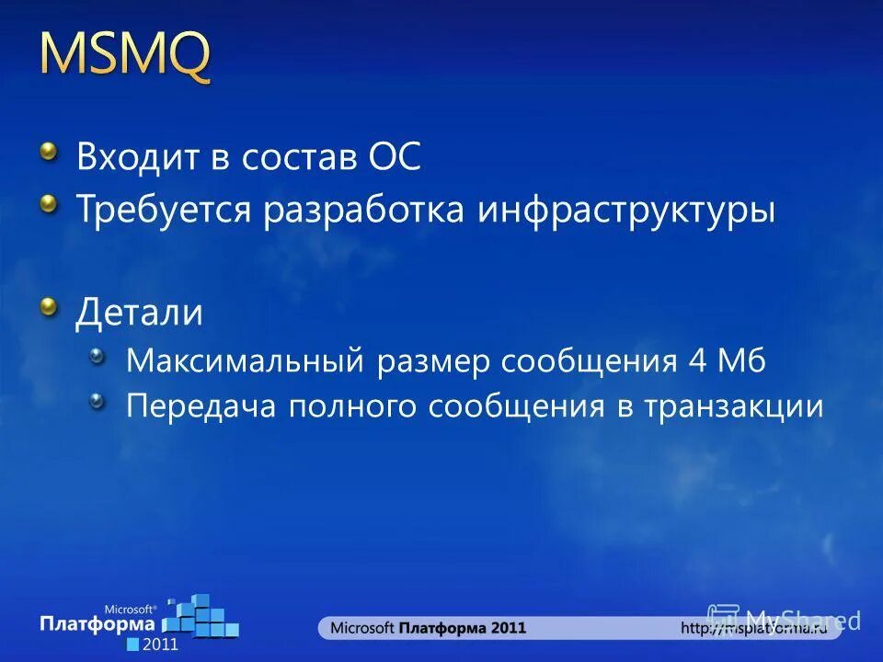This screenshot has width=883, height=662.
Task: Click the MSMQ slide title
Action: click(x=125, y=57)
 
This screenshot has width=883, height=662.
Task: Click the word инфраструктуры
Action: click(x=625, y=211)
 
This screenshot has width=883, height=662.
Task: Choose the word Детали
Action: click(x=139, y=313)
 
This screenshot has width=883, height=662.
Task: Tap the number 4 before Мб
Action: click(x=695, y=360)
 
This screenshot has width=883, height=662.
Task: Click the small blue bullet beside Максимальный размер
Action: click(x=97, y=356)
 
